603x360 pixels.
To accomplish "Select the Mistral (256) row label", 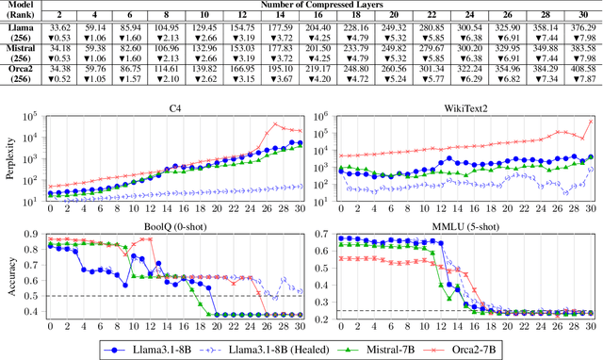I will click(22, 51).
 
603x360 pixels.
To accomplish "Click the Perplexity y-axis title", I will click(9, 155).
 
